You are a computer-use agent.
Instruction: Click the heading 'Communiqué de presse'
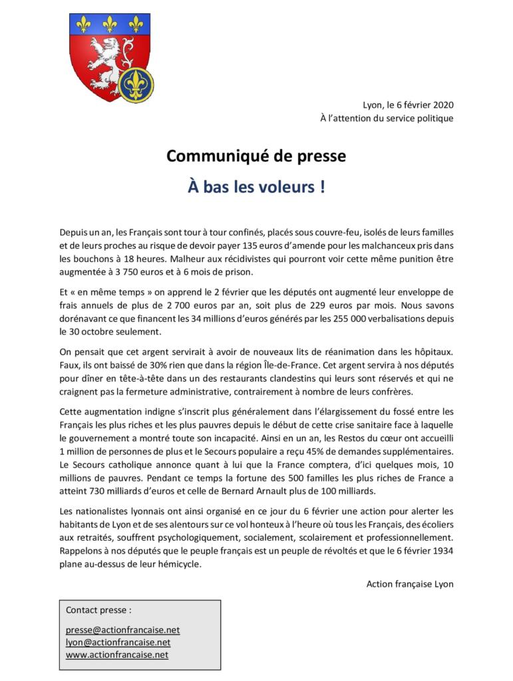click(256, 157)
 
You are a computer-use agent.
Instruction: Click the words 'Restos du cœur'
click(350, 438)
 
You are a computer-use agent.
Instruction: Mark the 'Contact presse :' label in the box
click(98, 609)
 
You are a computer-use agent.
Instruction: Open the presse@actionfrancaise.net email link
click(123, 630)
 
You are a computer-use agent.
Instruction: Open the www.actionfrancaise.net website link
click(117, 655)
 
